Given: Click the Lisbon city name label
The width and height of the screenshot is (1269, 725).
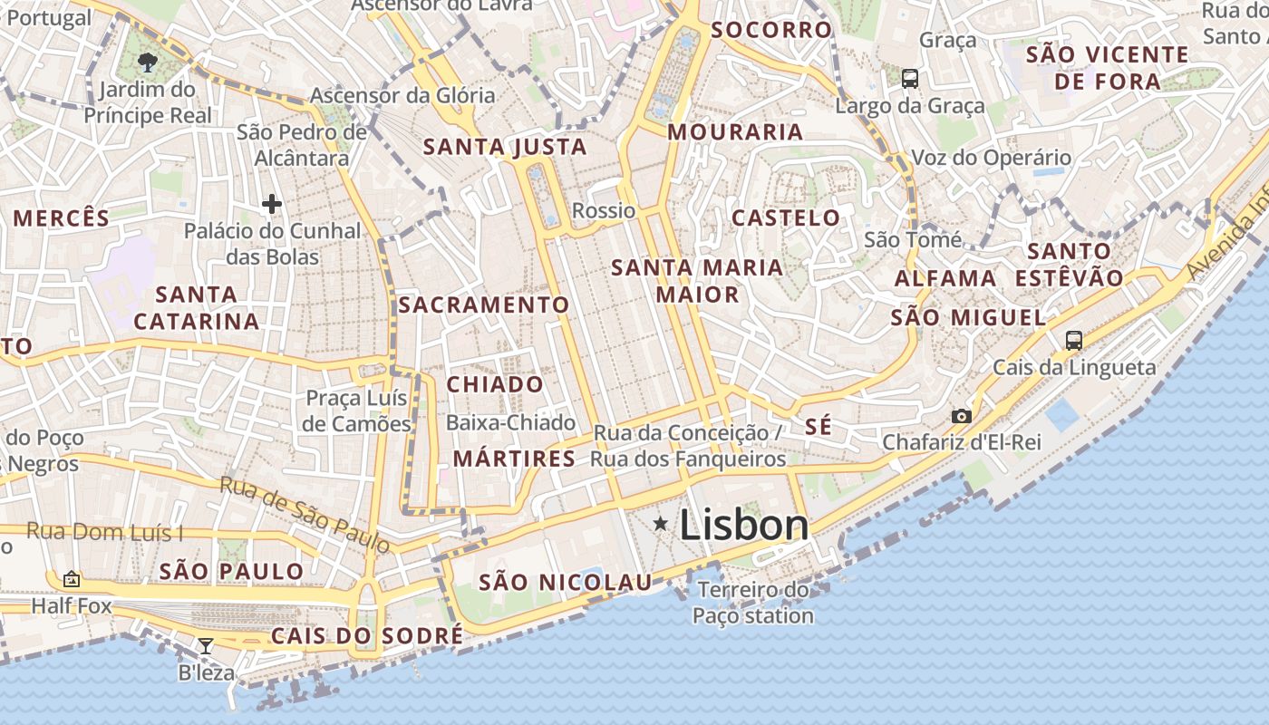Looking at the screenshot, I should [x=743, y=525].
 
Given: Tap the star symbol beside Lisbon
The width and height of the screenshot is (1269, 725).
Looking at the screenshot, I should [x=661, y=523].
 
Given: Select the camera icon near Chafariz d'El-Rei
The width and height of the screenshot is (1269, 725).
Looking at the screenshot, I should [x=961, y=417].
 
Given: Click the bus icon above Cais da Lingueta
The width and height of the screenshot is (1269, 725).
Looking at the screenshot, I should [x=1074, y=341].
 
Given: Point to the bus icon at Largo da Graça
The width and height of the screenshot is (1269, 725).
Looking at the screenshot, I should [x=910, y=79].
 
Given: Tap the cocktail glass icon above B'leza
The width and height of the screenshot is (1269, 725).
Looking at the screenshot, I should [x=206, y=646].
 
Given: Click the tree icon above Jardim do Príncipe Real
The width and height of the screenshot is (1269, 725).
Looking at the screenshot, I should [x=147, y=62].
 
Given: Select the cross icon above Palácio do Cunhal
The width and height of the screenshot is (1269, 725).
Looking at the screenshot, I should [x=271, y=204].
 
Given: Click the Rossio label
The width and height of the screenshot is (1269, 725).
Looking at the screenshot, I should [x=604, y=211].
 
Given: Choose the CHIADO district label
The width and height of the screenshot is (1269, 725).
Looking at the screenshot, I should [x=495, y=384].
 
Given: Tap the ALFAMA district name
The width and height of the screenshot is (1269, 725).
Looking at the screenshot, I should [x=945, y=278].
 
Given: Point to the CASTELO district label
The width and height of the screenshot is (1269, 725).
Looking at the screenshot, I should [x=786, y=217].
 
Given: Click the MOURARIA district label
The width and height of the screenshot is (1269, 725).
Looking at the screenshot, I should [x=735, y=132].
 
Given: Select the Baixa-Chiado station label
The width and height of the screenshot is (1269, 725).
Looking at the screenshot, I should [x=510, y=422].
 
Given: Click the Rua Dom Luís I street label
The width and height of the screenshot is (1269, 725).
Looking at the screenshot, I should [x=104, y=531].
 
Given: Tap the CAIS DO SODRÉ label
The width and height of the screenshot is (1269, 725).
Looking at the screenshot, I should [x=367, y=636].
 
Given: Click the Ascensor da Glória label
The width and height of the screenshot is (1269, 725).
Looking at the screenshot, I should [x=402, y=95].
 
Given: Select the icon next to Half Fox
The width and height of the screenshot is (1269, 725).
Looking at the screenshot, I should [x=72, y=579].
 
